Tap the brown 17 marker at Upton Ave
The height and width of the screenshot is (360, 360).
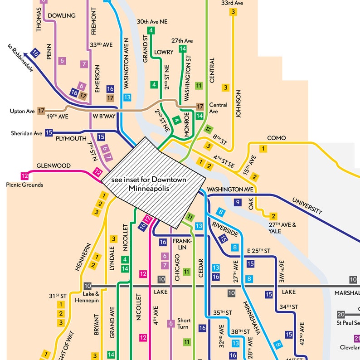(41, 110)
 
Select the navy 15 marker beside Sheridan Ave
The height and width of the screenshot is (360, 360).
(49, 133)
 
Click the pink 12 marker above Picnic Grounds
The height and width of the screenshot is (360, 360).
(24, 176)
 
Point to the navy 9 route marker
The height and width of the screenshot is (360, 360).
(237, 202)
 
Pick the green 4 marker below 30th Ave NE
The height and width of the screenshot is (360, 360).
(151, 30)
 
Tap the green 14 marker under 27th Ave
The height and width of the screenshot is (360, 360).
(183, 49)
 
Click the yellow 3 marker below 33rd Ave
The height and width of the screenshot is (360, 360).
(234, 12)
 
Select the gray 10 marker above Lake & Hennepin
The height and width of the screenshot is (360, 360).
(88, 286)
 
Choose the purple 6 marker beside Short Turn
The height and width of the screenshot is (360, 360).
(171, 323)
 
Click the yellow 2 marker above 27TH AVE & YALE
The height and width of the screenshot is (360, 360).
(273, 216)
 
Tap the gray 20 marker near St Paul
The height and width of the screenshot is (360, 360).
(341, 314)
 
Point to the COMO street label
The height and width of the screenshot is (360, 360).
(276, 138)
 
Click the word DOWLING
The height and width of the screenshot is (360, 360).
(61, 15)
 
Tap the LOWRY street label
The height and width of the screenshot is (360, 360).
(164, 52)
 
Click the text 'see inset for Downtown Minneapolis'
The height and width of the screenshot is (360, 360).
(149, 184)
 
